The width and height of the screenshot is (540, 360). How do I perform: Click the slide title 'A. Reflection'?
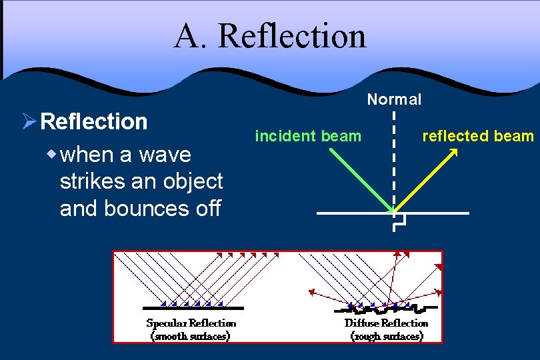[x=270, y=36]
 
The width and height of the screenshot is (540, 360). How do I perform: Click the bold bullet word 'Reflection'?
[x=94, y=121]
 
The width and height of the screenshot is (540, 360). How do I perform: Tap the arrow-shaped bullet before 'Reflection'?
[x=29, y=121]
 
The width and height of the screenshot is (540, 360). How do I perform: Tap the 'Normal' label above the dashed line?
[x=394, y=100]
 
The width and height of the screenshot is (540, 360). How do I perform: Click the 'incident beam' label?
[x=308, y=137]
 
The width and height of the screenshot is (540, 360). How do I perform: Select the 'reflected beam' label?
[x=478, y=137]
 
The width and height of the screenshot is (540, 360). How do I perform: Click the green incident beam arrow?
[x=360, y=180]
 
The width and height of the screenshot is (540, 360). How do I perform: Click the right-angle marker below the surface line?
[x=399, y=223]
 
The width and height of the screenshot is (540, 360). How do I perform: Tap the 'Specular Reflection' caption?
[x=191, y=323]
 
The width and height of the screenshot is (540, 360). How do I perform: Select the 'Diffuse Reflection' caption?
[x=386, y=323]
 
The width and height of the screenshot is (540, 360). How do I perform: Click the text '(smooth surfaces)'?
[x=191, y=336]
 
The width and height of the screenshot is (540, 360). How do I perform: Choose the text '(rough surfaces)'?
[x=387, y=336]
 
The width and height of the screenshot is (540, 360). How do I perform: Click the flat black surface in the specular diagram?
[x=193, y=308]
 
